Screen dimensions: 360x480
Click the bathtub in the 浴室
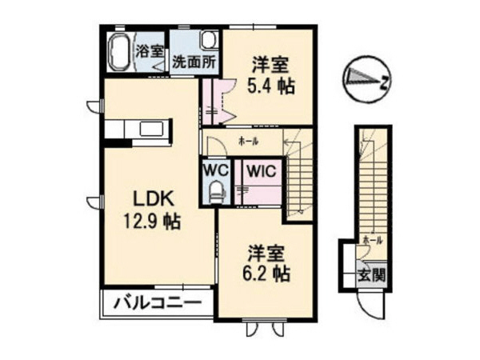tap(120, 53)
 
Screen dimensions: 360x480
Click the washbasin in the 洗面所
tap(208, 40)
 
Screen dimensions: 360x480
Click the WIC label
tap(257, 170)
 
